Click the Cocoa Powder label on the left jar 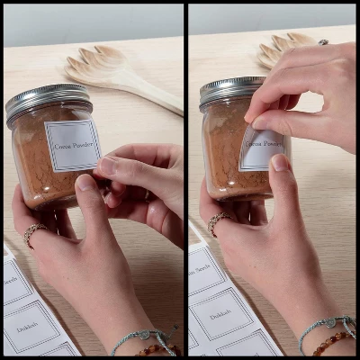(72, 146)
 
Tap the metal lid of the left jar (48, 99)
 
